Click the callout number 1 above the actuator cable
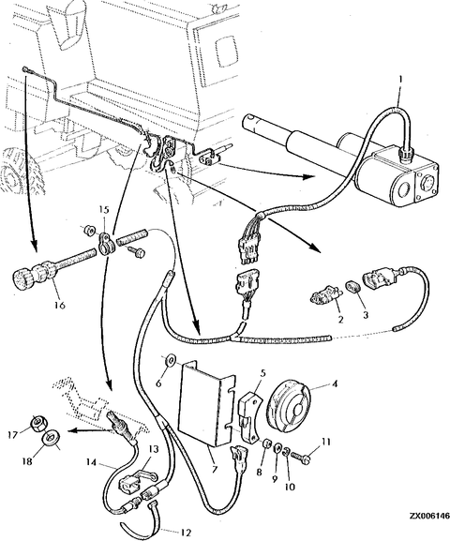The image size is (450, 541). (400, 80)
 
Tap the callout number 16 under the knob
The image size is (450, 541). (60, 305)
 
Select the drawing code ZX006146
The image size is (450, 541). (429, 526)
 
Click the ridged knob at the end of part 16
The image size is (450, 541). (22, 276)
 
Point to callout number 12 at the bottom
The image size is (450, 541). (186, 533)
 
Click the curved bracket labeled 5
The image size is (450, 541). (249, 415)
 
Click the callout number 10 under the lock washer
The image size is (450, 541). (290, 487)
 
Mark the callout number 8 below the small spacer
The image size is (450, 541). (259, 472)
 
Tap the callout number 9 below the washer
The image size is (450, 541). (275, 479)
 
